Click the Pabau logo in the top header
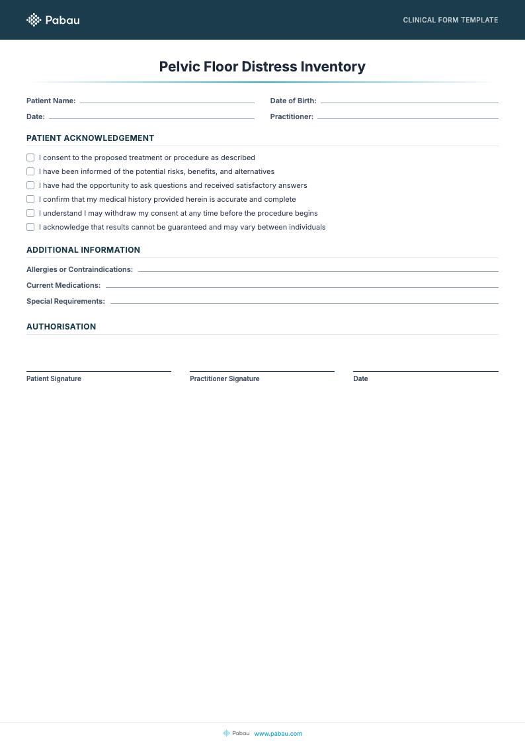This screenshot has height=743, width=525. (x=53, y=20)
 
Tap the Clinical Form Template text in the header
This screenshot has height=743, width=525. (x=450, y=20)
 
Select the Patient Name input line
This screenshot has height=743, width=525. (x=167, y=102)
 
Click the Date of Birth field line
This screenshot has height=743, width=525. (x=409, y=102)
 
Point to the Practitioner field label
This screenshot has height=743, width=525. (x=292, y=117)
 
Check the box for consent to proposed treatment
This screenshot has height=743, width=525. (x=30, y=157)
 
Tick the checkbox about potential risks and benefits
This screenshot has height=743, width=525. (x=30, y=171)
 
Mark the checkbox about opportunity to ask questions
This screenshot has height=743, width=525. (x=30, y=185)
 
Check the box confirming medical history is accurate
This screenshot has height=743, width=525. (x=30, y=199)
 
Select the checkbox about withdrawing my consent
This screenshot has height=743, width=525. (x=30, y=213)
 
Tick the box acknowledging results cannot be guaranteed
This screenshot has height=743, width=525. (x=30, y=227)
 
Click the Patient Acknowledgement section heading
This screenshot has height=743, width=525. (x=90, y=138)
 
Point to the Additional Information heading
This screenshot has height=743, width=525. (x=83, y=250)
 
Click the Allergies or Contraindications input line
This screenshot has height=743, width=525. (x=318, y=271)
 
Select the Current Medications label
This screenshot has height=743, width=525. (x=63, y=286)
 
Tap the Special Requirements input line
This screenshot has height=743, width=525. (x=304, y=302)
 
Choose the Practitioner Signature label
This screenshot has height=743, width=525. (x=224, y=379)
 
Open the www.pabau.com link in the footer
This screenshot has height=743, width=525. (x=278, y=733)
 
